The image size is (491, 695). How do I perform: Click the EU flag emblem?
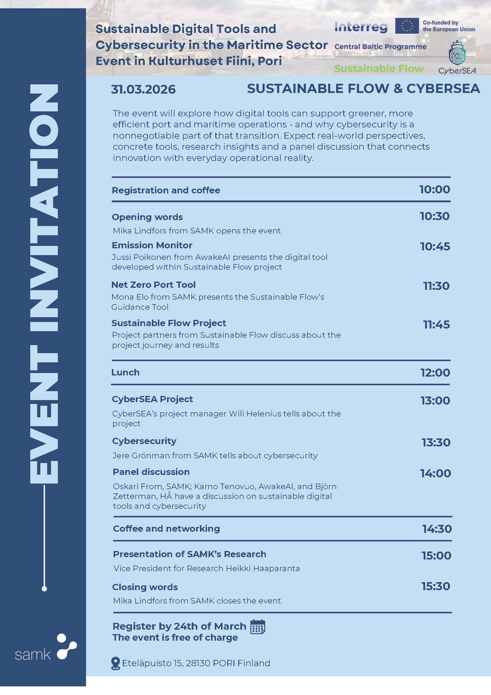pyautogui.click(x=407, y=26)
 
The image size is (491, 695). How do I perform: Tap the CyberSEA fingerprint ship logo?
pyautogui.click(x=457, y=53)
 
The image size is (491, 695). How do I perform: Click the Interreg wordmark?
pyautogui.click(x=361, y=27)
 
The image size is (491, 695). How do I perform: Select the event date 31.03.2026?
pyautogui.click(x=143, y=90)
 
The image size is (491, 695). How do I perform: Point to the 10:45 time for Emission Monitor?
pyautogui.click(x=435, y=247)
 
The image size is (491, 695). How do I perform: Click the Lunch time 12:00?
pyautogui.click(x=435, y=373)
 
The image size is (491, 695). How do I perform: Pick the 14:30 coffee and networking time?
pyautogui.click(x=437, y=529)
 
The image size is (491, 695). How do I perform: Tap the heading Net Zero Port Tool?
pyautogui.click(x=153, y=285)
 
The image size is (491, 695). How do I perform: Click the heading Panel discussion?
pyautogui.click(x=151, y=472)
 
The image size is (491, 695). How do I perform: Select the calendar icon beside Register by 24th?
pyautogui.click(x=258, y=627)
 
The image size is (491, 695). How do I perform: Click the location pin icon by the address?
pyautogui.click(x=115, y=663)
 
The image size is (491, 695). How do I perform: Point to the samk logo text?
pyautogui.click(x=33, y=655)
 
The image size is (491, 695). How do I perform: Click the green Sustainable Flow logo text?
pyautogui.click(x=379, y=69)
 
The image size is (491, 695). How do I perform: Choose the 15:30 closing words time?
pyautogui.click(x=436, y=586)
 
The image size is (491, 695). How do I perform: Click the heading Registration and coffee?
pyautogui.click(x=166, y=190)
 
